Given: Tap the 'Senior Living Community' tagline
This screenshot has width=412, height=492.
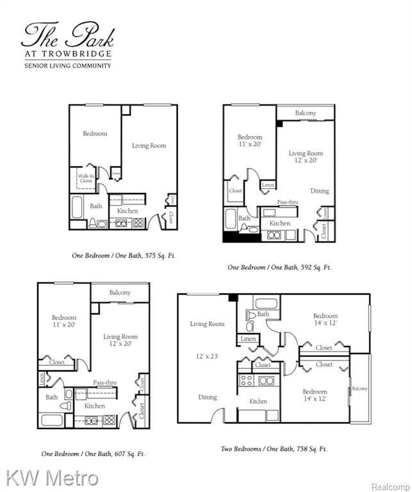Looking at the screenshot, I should pyautogui.click(x=67, y=65).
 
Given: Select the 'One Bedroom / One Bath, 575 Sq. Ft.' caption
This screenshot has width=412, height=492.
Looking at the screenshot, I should pyautogui.click(x=124, y=255).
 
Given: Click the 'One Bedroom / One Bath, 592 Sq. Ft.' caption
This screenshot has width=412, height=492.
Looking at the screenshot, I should pyautogui.click(x=279, y=267).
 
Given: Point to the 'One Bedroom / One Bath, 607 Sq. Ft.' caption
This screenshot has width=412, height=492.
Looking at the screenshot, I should pyautogui.click(x=93, y=454).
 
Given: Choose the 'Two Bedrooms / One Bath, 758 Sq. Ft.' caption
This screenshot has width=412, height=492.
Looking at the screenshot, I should pyautogui.click(x=274, y=449).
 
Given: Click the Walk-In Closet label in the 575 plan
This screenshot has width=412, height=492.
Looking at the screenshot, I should pyautogui.click(x=86, y=178).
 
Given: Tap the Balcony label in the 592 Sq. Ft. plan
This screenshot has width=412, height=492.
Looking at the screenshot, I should pyautogui.click(x=306, y=113).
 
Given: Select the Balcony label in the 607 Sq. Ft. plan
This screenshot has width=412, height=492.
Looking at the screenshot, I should pyautogui.click(x=120, y=292).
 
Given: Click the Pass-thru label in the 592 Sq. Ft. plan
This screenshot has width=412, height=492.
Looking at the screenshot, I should pyautogui.click(x=287, y=202).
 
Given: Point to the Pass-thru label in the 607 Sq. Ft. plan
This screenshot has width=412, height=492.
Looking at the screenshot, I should pyautogui.click(x=104, y=382).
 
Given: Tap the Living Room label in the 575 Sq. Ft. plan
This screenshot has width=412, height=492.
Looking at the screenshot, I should pyautogui.click(x=149, y=145).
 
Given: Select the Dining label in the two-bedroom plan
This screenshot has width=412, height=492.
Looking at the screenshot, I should pyautogui.click(x=207, y=397).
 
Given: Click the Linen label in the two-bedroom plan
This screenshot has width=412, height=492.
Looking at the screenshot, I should pyautogui.click(x=248, y=338).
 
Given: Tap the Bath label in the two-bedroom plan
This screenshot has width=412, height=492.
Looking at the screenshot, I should pyautogui.click(x=263, y=314).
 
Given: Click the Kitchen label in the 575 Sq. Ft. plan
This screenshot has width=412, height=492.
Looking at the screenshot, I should pyautogui.click(x=128, y=211).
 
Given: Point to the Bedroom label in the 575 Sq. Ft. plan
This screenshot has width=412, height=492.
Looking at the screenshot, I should pyautogui.click(x=95, y=134).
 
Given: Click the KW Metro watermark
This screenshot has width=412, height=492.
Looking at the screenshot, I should pyautogui.click(x=53, y=477).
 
